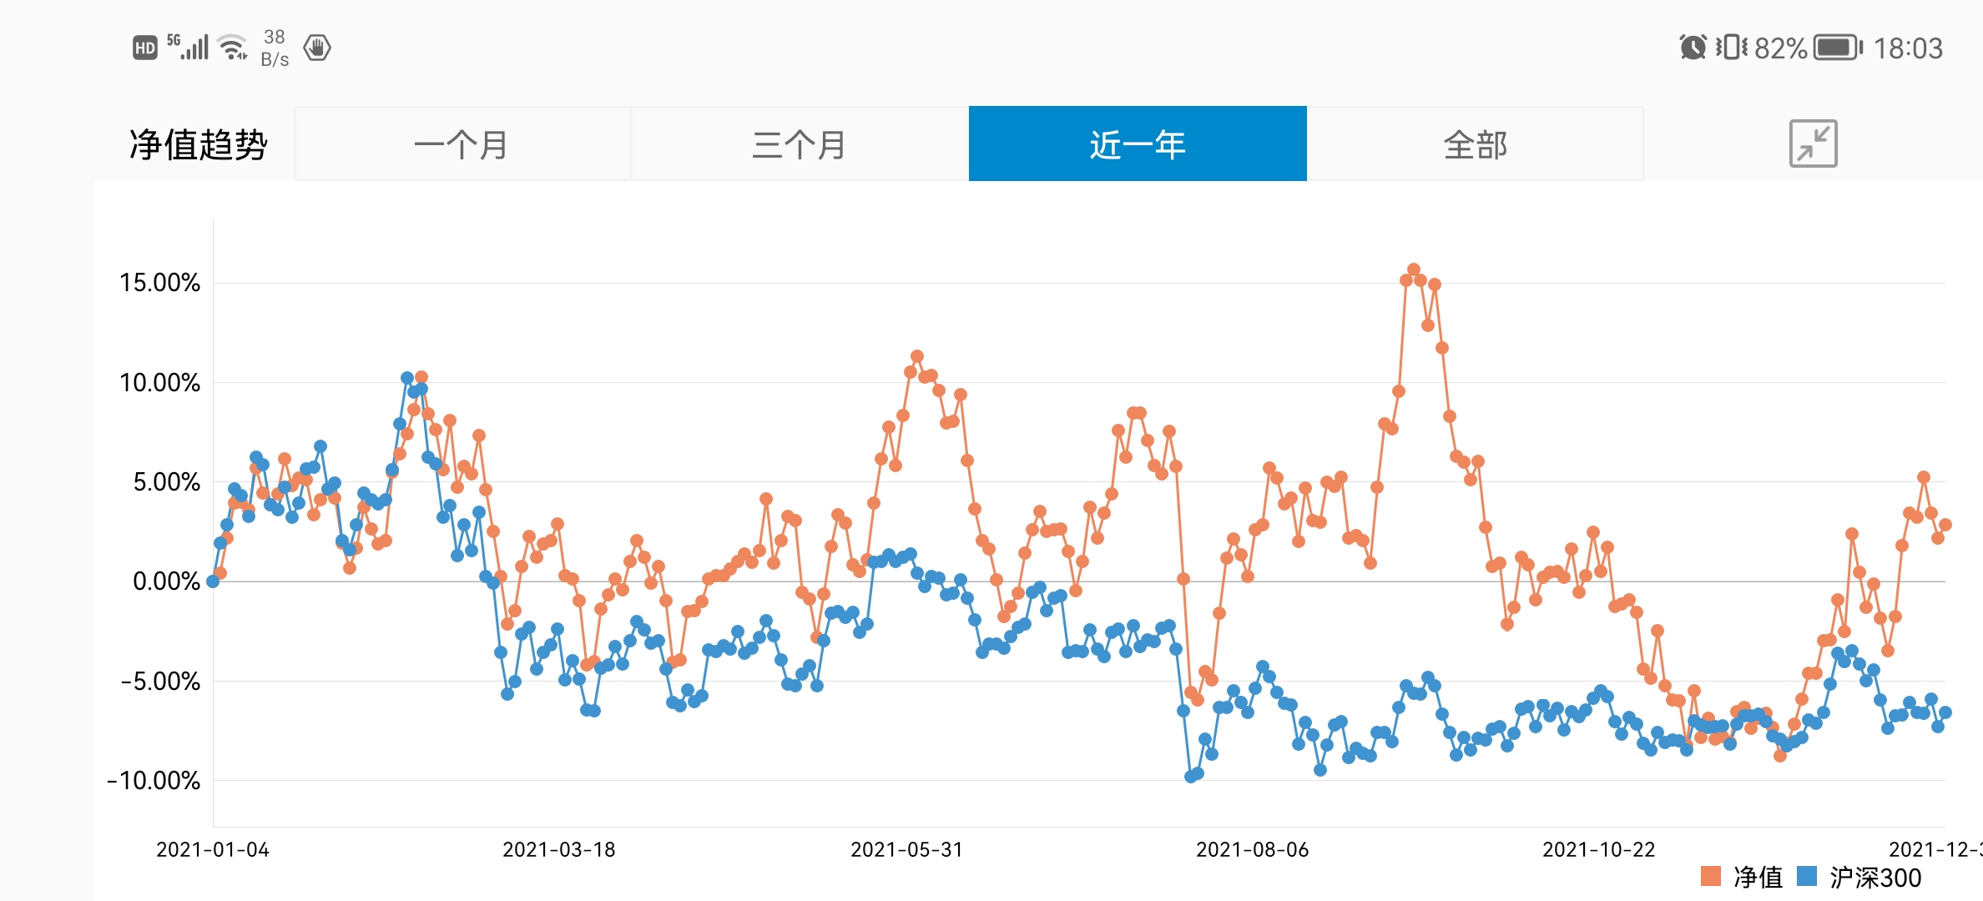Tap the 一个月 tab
coord(462,144)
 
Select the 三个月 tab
coord(799,144)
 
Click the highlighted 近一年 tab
coord(1138,144)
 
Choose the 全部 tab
coord(1475,144)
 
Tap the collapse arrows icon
coord(1813,143)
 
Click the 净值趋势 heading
coord(198,144)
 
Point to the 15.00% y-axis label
coord(159,283)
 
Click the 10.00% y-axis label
coord(159,383)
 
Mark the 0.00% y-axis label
coord(166,581)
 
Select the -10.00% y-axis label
coord(154,781)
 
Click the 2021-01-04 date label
coord(213,849)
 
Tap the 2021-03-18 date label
coord(559,849)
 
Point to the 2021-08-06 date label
coord(1252,849)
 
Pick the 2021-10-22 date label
coord(1598,849)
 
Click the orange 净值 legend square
coord(1710,876)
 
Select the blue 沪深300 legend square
coord(1807,876)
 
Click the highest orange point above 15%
coord(1413,269)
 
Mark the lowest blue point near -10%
coord(1191,777)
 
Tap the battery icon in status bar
coord(1838,48)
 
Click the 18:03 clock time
coord(1908,48)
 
